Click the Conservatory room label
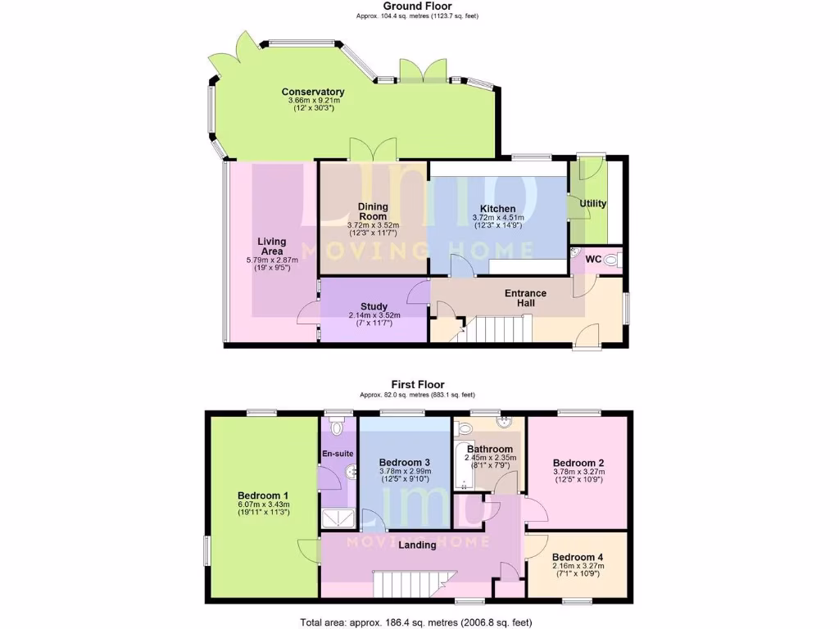pyautogui.click(x=312, y=92)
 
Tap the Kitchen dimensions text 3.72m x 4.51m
pyautogui.click(x=497, y=217)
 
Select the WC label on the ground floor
pyautogui.click(x=593, y=260)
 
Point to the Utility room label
pyautogui.click(x=592, y=203)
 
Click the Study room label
pyautogui.click(x=374, y=307)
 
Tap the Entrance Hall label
pyautogui.click(x=525, y=298)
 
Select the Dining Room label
pyautogui.click(x=373, y=211)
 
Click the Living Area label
pyautogui.click(x=271, y=247)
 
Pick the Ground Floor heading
pyautogui.click(x=417, y=7)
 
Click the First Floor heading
pyautogui.click(x=417, y=384)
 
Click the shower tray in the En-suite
pyautogui.click(x=336, y=517)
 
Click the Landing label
pyautogui.click(x=417, y=545)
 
